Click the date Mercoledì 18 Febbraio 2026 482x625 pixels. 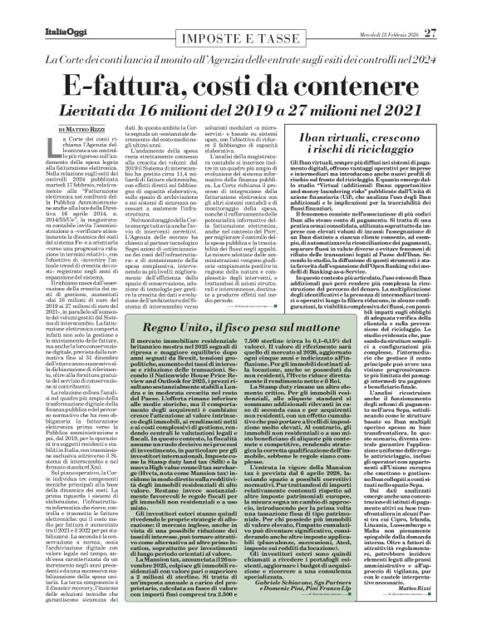click(x=403, y=10)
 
